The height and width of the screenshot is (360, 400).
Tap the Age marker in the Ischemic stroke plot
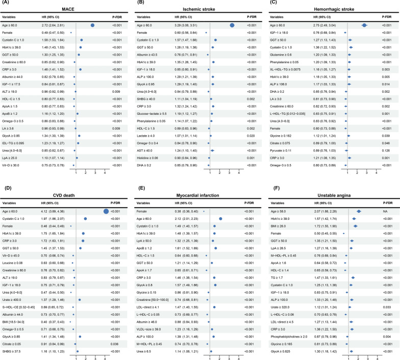tap(232, 24)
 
